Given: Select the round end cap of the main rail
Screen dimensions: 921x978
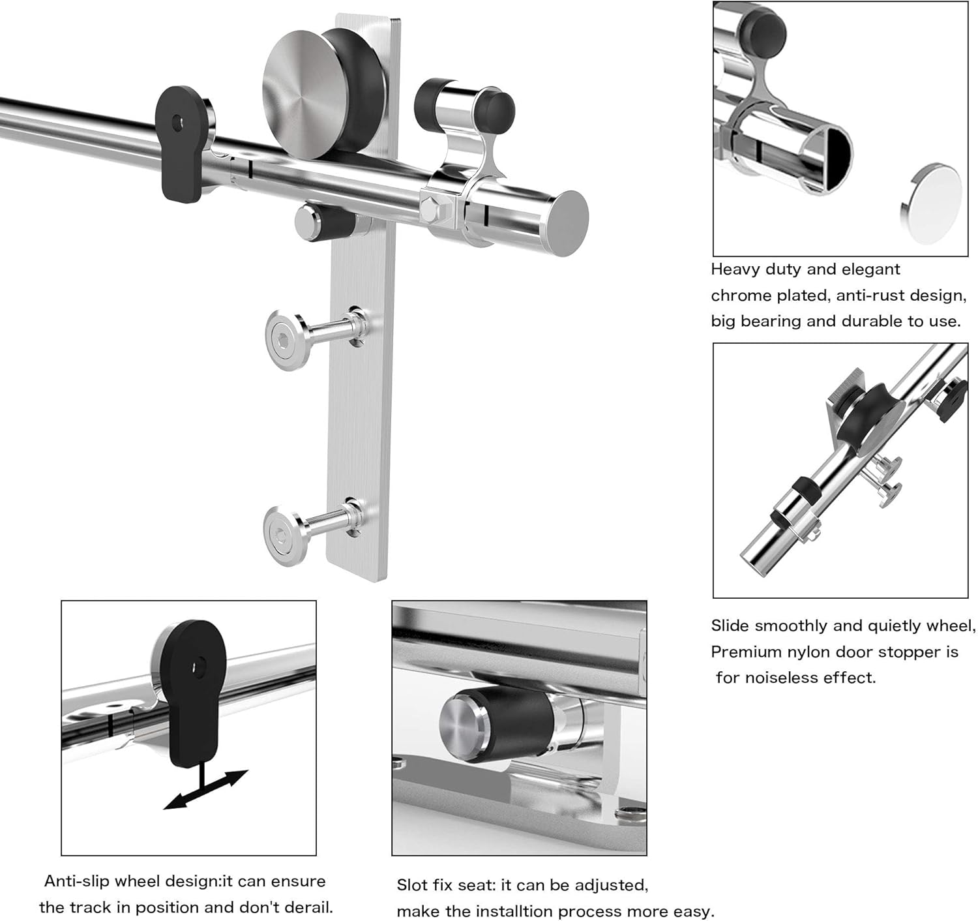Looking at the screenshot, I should (x=567, y=222).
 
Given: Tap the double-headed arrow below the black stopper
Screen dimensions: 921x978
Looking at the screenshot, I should (x=206, y=789).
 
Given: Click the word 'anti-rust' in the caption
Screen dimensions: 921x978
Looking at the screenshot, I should (x=869, y=295).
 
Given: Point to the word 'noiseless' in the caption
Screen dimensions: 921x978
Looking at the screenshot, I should (x=790, y=678).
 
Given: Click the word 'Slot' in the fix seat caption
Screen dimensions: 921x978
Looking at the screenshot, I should (x=411, y=885).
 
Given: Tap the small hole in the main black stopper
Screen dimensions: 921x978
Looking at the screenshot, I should (x=176, y=121).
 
